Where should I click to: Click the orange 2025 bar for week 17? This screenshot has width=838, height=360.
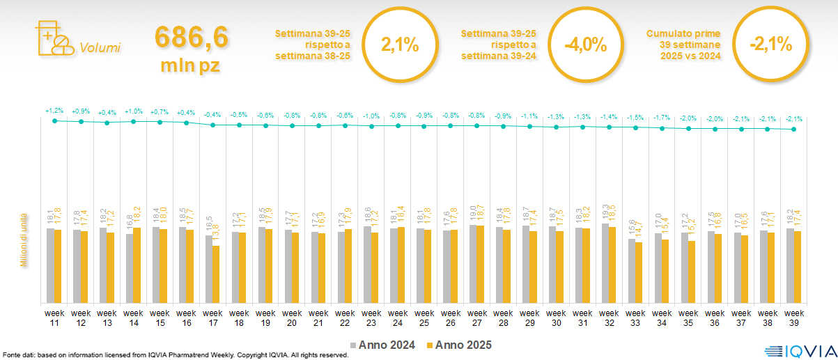[216, 274]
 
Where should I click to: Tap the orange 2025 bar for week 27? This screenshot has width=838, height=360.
[479, 264]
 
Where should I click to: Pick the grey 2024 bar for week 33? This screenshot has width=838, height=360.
[631, 271]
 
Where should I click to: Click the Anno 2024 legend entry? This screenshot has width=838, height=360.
[384, 345]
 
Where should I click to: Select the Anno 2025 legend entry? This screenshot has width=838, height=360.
[459, 345]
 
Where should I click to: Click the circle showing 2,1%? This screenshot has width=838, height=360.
[400, 45]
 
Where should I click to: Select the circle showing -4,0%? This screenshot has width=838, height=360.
[585, 45]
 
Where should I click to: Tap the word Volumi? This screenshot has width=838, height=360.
[100, 48]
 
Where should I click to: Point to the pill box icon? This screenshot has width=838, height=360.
[53, 38]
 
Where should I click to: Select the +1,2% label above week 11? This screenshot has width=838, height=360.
[54, 111]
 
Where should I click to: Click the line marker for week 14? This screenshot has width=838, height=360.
[133, 121]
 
